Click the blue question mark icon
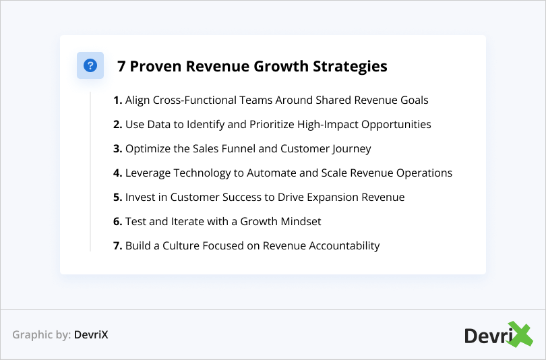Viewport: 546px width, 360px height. pos(90,65)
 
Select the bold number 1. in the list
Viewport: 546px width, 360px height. pos(117,100)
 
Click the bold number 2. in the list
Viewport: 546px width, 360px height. pos(117,125)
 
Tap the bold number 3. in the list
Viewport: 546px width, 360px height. pos(117,149)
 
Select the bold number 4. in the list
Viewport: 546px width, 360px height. pos(117,173)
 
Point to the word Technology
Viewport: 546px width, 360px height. pos(200,173)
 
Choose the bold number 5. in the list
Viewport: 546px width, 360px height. pos(117,198)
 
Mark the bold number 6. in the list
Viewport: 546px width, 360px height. pos(117,222)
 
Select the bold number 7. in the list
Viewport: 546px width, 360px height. pos(117,246)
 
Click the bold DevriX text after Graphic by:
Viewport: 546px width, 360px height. pos(91,334)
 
